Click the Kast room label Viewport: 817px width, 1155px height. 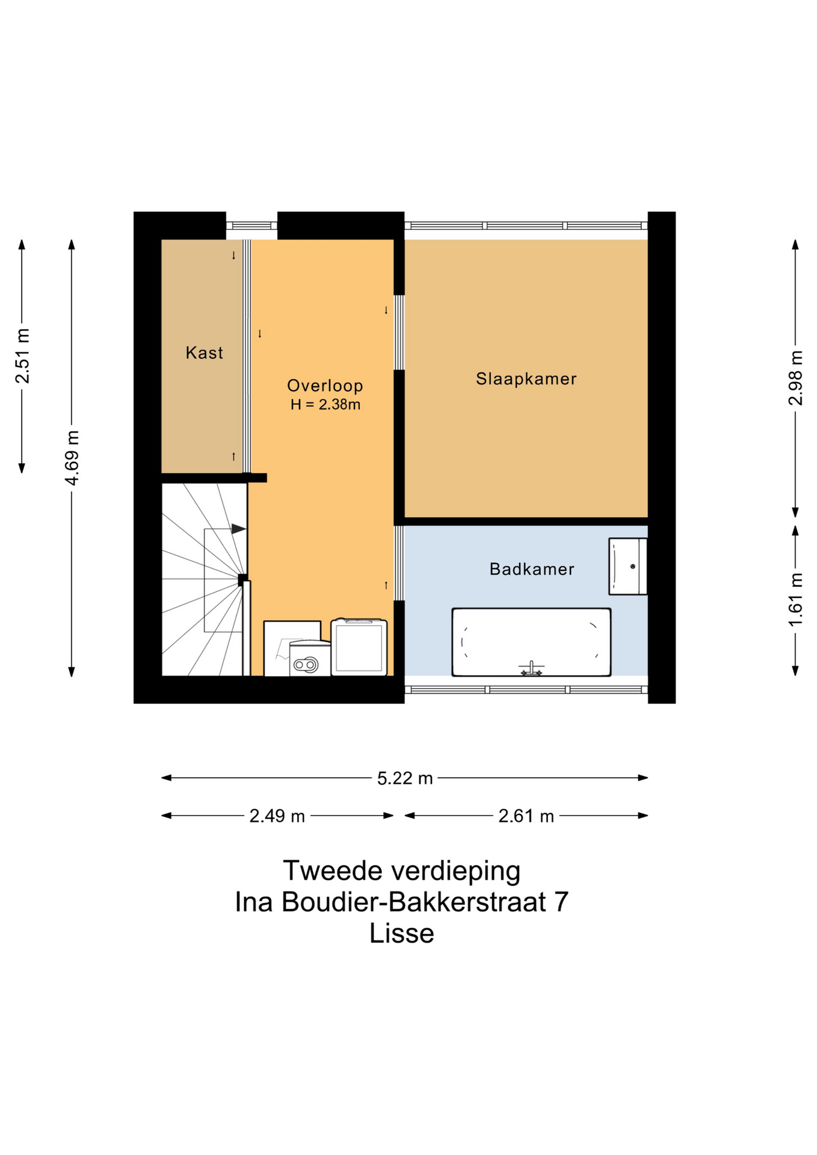tap(204, 353)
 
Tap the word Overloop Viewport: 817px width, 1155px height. tap(325, 386)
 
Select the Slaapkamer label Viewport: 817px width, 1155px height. tap(526, 378)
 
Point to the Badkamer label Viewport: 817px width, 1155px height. tap(532, 569)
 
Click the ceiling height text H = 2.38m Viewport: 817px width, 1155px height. tap(325, 405)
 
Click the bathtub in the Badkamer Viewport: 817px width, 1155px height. tap(531, 642)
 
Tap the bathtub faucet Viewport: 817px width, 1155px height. tap(531, 668)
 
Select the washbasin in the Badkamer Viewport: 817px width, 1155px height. tap(627, 566)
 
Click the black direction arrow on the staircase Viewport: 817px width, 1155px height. tap(239, 529)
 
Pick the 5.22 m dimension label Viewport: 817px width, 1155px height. tap(405, 778)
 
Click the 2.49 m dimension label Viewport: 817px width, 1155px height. tap(277, 816)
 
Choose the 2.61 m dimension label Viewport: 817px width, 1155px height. tap(526, 816)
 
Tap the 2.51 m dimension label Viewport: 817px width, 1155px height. tap(23, 356)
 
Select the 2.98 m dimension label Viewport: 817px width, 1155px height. tap(795, 378)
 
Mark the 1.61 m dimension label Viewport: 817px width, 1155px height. tap(795, 600)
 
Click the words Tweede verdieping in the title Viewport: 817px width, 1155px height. tap(402, 870)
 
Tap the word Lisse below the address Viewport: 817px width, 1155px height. tap(402, 933)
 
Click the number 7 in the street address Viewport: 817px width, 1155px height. tap(561, 902)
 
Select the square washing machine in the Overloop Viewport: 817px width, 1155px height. tap(359, 647)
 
